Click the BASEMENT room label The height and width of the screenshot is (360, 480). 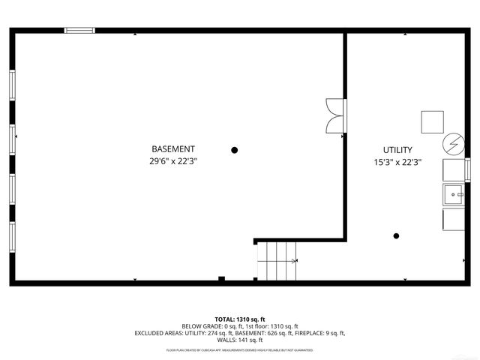click(x=173, y=149)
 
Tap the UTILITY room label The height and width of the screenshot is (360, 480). click(x=397, y=150)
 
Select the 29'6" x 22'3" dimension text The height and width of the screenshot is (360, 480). click(x=173, y=161)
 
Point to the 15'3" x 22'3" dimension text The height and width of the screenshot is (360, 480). click(x=397, y=162)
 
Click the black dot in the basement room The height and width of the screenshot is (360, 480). click(x=235, y=150)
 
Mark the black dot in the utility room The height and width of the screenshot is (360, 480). click(x=397, y=236)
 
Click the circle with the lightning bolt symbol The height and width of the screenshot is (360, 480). click(x=453, y=143)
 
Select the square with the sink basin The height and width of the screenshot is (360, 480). click(x=454, y=193)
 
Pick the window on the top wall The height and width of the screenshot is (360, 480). click(x=79, y=31)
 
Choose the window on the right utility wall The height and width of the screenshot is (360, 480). click(x=467, y=168)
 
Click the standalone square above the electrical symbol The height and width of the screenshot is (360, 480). click(x=432, y=121)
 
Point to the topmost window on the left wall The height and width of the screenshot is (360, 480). click(x=12, y=84)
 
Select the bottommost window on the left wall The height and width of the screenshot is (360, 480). click(x=12, y=235)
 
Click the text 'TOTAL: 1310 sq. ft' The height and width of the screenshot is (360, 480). click(x=240, y=319)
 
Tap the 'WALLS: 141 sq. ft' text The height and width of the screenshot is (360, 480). click(x=240, y=340)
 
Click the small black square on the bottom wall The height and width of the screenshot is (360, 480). click(x=221, y=279)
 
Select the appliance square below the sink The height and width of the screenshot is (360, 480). click(x=454, y=219)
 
